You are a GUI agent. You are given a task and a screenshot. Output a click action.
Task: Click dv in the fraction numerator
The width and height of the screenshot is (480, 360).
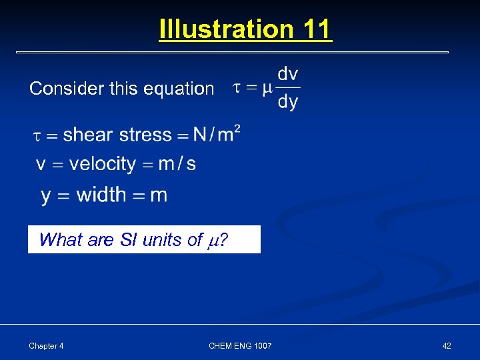[288, 74]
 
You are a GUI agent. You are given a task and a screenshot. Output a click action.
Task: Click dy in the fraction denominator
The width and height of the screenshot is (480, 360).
[288, 102]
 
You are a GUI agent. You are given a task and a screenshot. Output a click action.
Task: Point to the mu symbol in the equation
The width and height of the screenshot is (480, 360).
[267, 88]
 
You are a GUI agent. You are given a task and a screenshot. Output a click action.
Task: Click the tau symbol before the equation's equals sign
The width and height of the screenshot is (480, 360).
[237, 87]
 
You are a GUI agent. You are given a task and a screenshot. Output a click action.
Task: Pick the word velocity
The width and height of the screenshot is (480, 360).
[103, 164]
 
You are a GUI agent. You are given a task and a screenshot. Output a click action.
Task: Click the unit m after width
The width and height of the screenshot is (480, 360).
[159, 195]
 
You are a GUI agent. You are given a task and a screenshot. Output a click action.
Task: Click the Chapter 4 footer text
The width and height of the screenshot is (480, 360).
[47, 345]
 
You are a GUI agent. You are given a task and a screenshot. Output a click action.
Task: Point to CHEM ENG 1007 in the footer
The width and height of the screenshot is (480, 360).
[240, 345]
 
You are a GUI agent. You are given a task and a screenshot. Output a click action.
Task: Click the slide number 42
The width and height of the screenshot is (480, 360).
[446, 345]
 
